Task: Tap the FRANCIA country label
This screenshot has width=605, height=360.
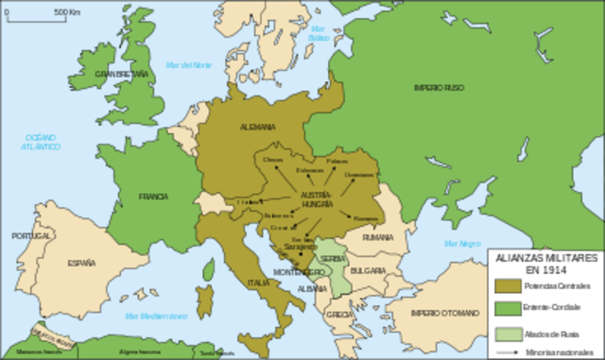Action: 152,197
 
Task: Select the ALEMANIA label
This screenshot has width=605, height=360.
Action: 257,127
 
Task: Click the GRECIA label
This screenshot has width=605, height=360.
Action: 342,314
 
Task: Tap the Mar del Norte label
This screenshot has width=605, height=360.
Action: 188,65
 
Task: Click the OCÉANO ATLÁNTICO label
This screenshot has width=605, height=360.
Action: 42,143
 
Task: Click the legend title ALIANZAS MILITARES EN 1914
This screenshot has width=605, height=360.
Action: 541,263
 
